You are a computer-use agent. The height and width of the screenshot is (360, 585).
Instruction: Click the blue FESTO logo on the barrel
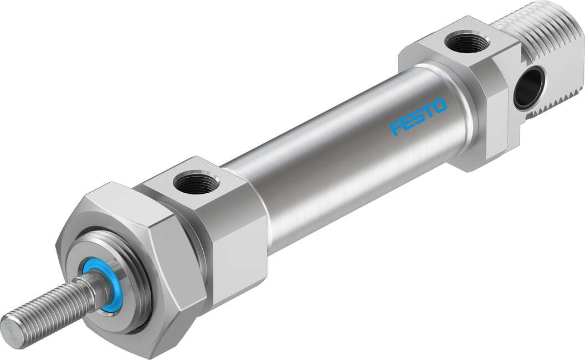418,116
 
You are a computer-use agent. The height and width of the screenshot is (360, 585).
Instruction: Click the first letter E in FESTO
407,123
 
